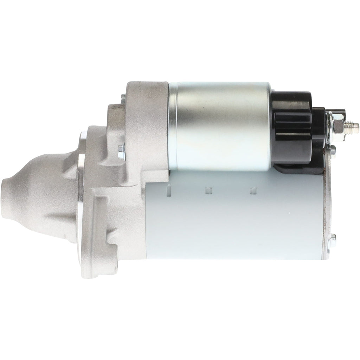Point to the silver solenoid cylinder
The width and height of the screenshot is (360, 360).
tap(221, 125)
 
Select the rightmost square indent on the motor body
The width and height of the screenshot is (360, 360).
tap(252, 190)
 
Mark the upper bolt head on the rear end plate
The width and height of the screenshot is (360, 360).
tap(333, 149)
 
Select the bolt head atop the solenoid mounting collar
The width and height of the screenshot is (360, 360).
tap(123, 97)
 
